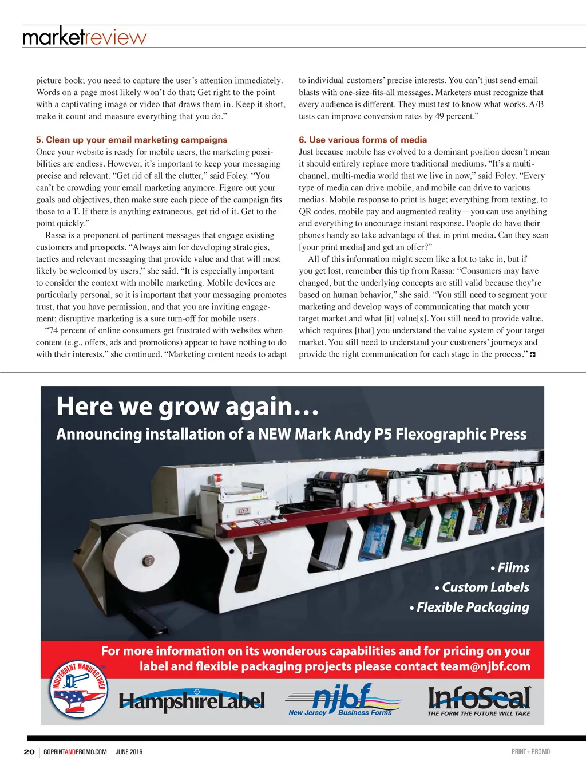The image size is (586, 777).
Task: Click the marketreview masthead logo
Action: (x=84, y=37)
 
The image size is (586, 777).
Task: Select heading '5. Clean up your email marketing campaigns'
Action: (x=132, y=140)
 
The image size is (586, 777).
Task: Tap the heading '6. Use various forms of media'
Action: (x=363, y=140)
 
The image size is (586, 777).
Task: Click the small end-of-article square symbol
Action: (x=533, y=355)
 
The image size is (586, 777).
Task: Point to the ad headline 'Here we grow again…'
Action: (x=187, y=407)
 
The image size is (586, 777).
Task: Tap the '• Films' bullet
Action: (x=510, y=568)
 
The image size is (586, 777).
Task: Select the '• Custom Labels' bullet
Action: (x=482, y=587)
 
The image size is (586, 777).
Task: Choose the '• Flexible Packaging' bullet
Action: (x=469, y=607)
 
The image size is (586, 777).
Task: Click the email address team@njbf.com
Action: (x=485, y=666)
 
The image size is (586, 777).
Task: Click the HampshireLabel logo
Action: (x=192, y=700)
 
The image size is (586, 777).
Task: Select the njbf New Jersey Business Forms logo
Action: (x=342, y=700)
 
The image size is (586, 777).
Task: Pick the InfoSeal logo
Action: (x=479, y=700)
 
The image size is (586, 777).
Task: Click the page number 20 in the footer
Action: (x=29, y=752)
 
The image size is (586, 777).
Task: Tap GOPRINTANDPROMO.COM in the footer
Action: (x=75, y=752)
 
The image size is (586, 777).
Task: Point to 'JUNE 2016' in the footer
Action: (x=129, y=752)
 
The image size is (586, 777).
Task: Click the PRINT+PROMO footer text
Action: (x=530, y=752)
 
